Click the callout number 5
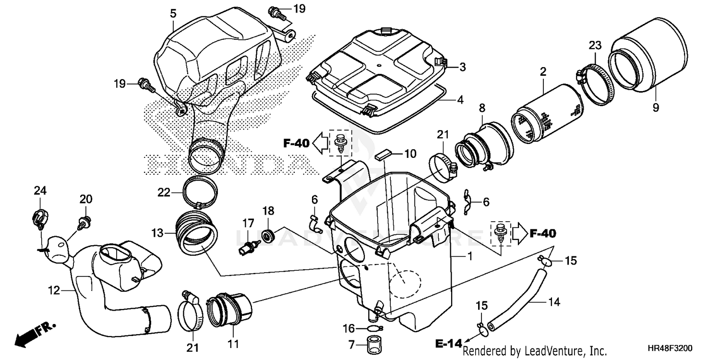pos(172,13)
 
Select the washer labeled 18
pos(269,235)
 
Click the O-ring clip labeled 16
pos(374,329)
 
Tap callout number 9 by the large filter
pos(655,108)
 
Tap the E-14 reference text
pos(446,343)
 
